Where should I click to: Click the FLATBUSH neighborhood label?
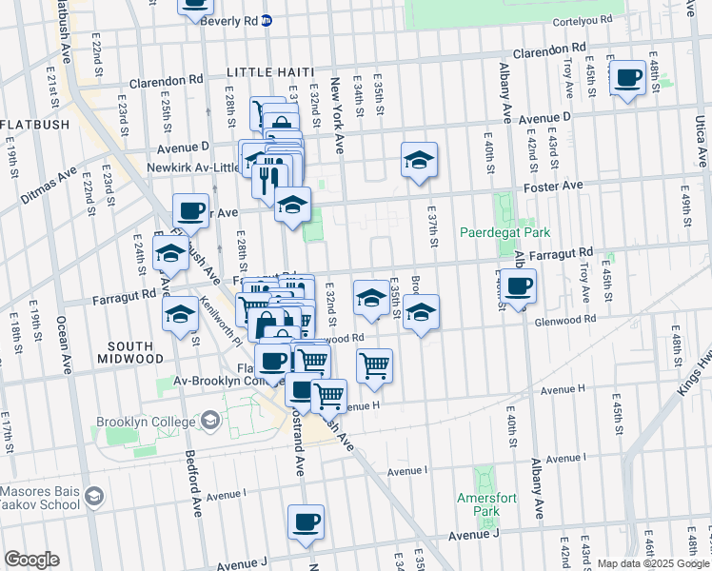[34, 125]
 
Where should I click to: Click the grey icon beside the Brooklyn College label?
[209, 420]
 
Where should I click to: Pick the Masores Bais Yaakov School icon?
[93, 496]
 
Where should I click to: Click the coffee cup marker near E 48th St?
[627, 78]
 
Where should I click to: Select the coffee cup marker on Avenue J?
[306, 522]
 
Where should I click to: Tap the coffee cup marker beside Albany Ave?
[519, 286]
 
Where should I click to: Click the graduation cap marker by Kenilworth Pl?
[179, 315]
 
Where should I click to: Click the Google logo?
[31, 560]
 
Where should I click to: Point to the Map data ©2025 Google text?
[652, 563]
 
